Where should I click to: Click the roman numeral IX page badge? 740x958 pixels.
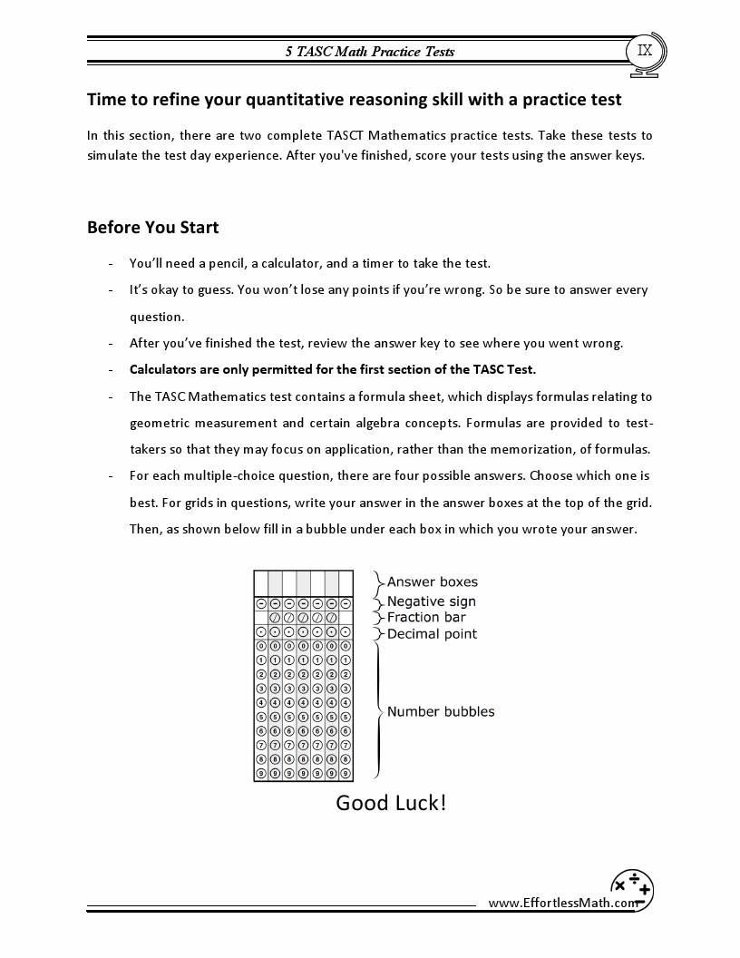pyautogui.click(x=645, y=51)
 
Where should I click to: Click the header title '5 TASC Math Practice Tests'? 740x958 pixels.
pyautogui.click(x=370, y=52)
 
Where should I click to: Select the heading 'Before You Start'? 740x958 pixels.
pyautogui.click(x=152, y=227)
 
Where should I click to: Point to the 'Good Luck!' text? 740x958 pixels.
pyautogui.click(x=391, y=803)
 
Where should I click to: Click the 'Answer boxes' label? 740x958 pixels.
pyautogui.click(x=432, y=582)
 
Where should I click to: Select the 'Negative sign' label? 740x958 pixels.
pyautogui.click(x=431, y=601)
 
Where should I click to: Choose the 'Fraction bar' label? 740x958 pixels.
pyautogui.click(x=426, y=617)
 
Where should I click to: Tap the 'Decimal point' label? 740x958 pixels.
pyautogui.click(x=432, y=633)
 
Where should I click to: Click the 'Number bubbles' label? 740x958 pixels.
pyautogui.click(x=441, y=711)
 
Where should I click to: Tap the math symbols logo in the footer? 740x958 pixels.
pyautogui.click(x=632, y=888)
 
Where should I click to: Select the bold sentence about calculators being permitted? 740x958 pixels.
pyautogui.click(x=333, y=369)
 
